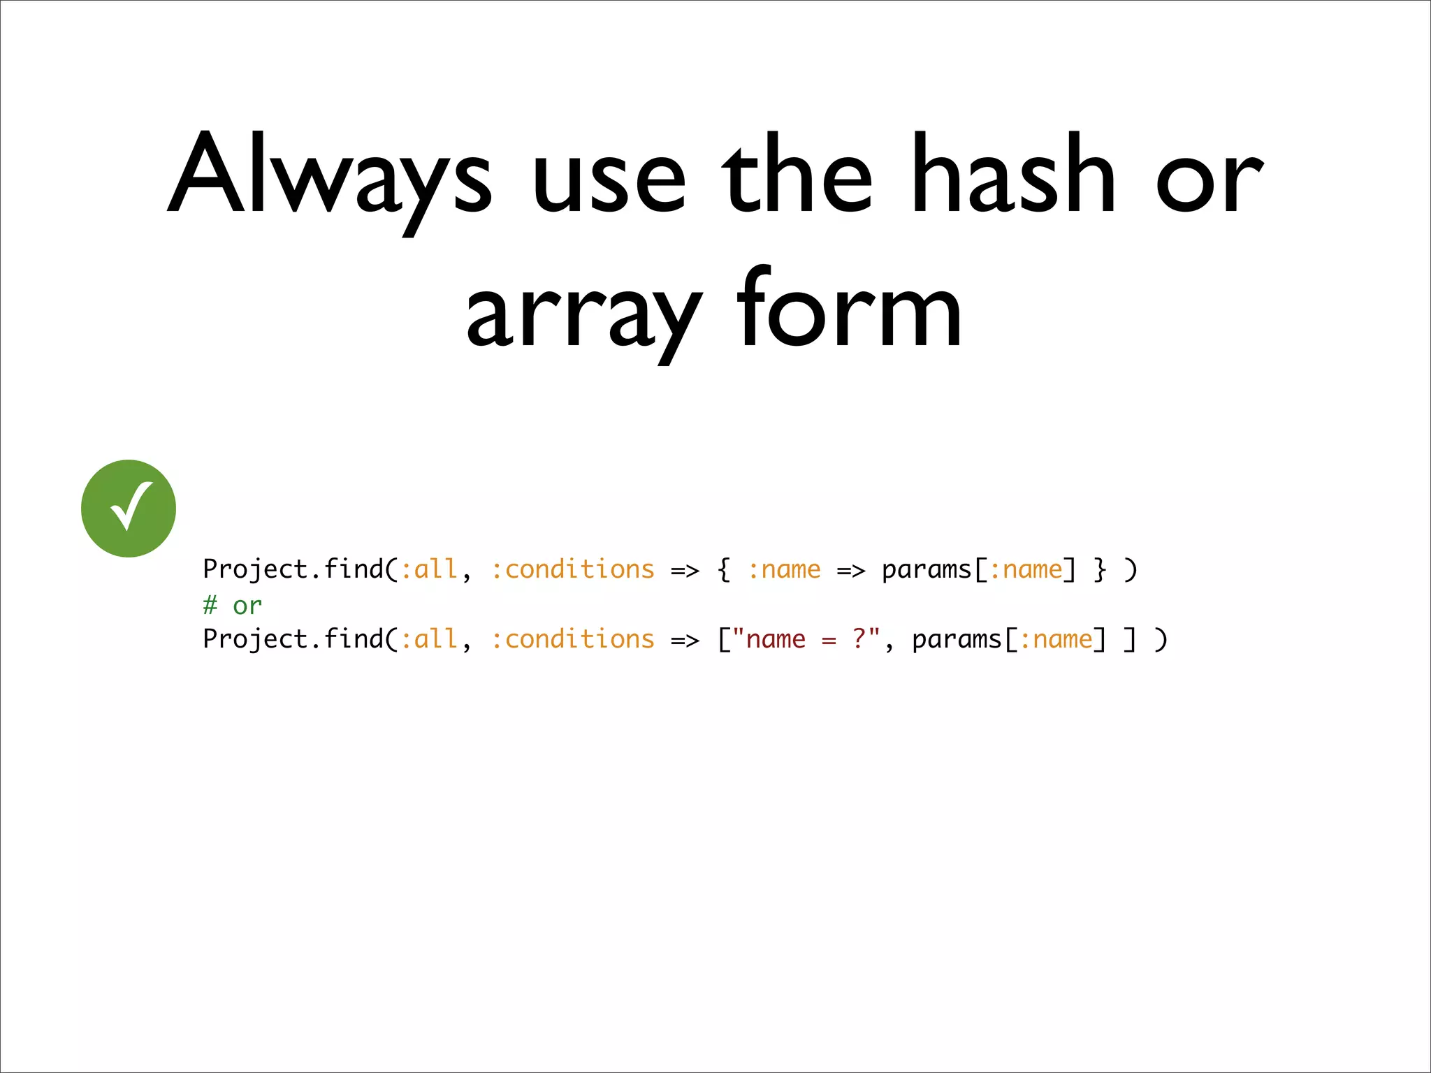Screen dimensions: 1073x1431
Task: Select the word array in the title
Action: coord(583,311)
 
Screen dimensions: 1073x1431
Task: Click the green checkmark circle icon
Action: coord(129,509)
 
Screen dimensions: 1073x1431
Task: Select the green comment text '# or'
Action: coord(232,605)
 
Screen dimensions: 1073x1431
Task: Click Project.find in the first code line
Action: coord(293,569)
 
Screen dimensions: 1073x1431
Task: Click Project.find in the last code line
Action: coord(293,639)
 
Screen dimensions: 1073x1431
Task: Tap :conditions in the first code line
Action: coord(573,569)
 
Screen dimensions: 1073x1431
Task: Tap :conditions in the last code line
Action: coord(573,639)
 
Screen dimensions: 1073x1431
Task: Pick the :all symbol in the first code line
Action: coord(429,569)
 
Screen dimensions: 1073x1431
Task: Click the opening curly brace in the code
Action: coord(724,569)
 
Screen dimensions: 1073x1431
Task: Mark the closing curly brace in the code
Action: coord(1100,569)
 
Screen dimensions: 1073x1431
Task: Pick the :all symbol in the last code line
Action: coord(429,639)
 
